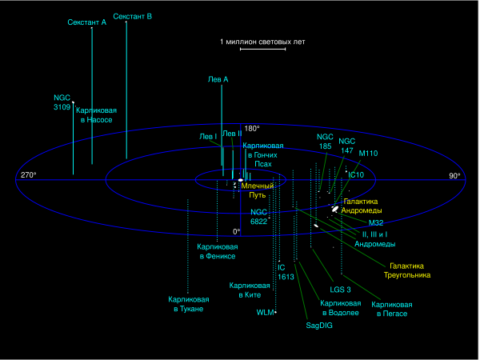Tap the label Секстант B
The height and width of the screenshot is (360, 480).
pyautogui.click(x=133, y=16)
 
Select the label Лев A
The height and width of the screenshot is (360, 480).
pyautogui.click(x=218, y=79)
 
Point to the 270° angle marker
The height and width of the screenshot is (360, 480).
pyautogui.click(x=29, y=175)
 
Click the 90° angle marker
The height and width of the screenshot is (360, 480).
pyautogui.click(x=454, y=175)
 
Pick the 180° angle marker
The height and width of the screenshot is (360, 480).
pyautogui.click(x=252, y=128)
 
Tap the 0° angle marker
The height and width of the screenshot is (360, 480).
pyautogui.click(x=236, y=231)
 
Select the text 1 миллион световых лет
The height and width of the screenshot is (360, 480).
pyautogui.click(x=262, y=40)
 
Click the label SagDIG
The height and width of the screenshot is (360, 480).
pyautogui.click(x=319, y=326)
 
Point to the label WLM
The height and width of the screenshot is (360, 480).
pyautogui.click(x=265, y=313)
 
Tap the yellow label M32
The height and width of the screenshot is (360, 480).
pyautogui.click(x=376, y=222)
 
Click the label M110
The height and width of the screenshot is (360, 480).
pyautogui.click(x=369, y=152)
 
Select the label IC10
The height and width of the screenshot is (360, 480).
pyautogui.click(x=357, y=174)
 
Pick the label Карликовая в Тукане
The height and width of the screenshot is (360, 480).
pyautogui.click(x=186, y=304)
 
